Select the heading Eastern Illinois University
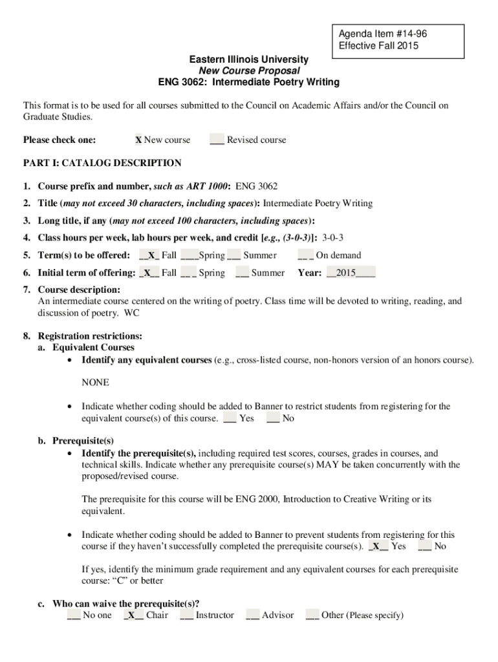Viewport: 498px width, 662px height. (248, 59)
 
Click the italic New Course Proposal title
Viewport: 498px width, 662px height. (249, 70)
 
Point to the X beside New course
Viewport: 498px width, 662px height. (138, 140)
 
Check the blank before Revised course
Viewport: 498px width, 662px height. (217, 140)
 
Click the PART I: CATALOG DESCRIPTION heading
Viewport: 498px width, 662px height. (102, 163)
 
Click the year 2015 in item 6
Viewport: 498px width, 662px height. (350, 273)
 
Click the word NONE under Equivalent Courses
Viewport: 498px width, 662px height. (95, 383)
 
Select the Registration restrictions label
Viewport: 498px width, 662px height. (90, 336)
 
